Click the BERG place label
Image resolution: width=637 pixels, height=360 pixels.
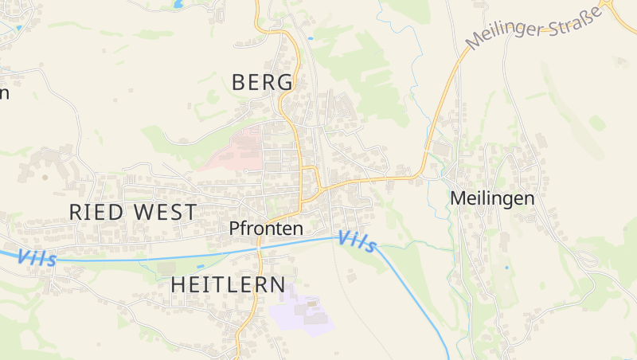[262, 82]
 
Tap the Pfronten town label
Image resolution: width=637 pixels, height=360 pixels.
[266, 229]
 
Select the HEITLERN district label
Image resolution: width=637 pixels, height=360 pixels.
[228, 284]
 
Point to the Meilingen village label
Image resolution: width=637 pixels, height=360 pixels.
[491, 198]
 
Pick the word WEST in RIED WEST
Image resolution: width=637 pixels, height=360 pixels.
[166, 213]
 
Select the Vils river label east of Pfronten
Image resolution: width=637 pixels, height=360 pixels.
[356, 241]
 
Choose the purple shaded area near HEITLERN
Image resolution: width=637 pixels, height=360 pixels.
[300, 310]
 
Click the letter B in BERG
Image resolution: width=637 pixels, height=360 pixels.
[239, 82]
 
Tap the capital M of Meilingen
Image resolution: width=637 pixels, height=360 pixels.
[458, 198]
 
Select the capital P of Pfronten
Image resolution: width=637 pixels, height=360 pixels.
[234, 229]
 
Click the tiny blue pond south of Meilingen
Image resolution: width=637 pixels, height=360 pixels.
[506, 268]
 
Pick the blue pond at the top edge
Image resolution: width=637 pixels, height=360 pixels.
[176, 3]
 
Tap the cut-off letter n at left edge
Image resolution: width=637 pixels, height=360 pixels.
[3, 93]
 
